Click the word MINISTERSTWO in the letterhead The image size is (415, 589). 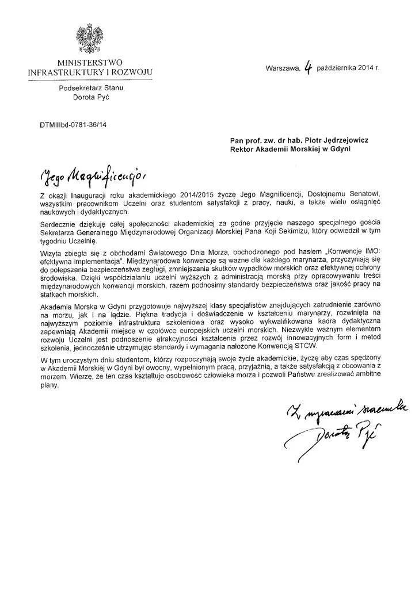89,63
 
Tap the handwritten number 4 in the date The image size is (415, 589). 309,69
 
